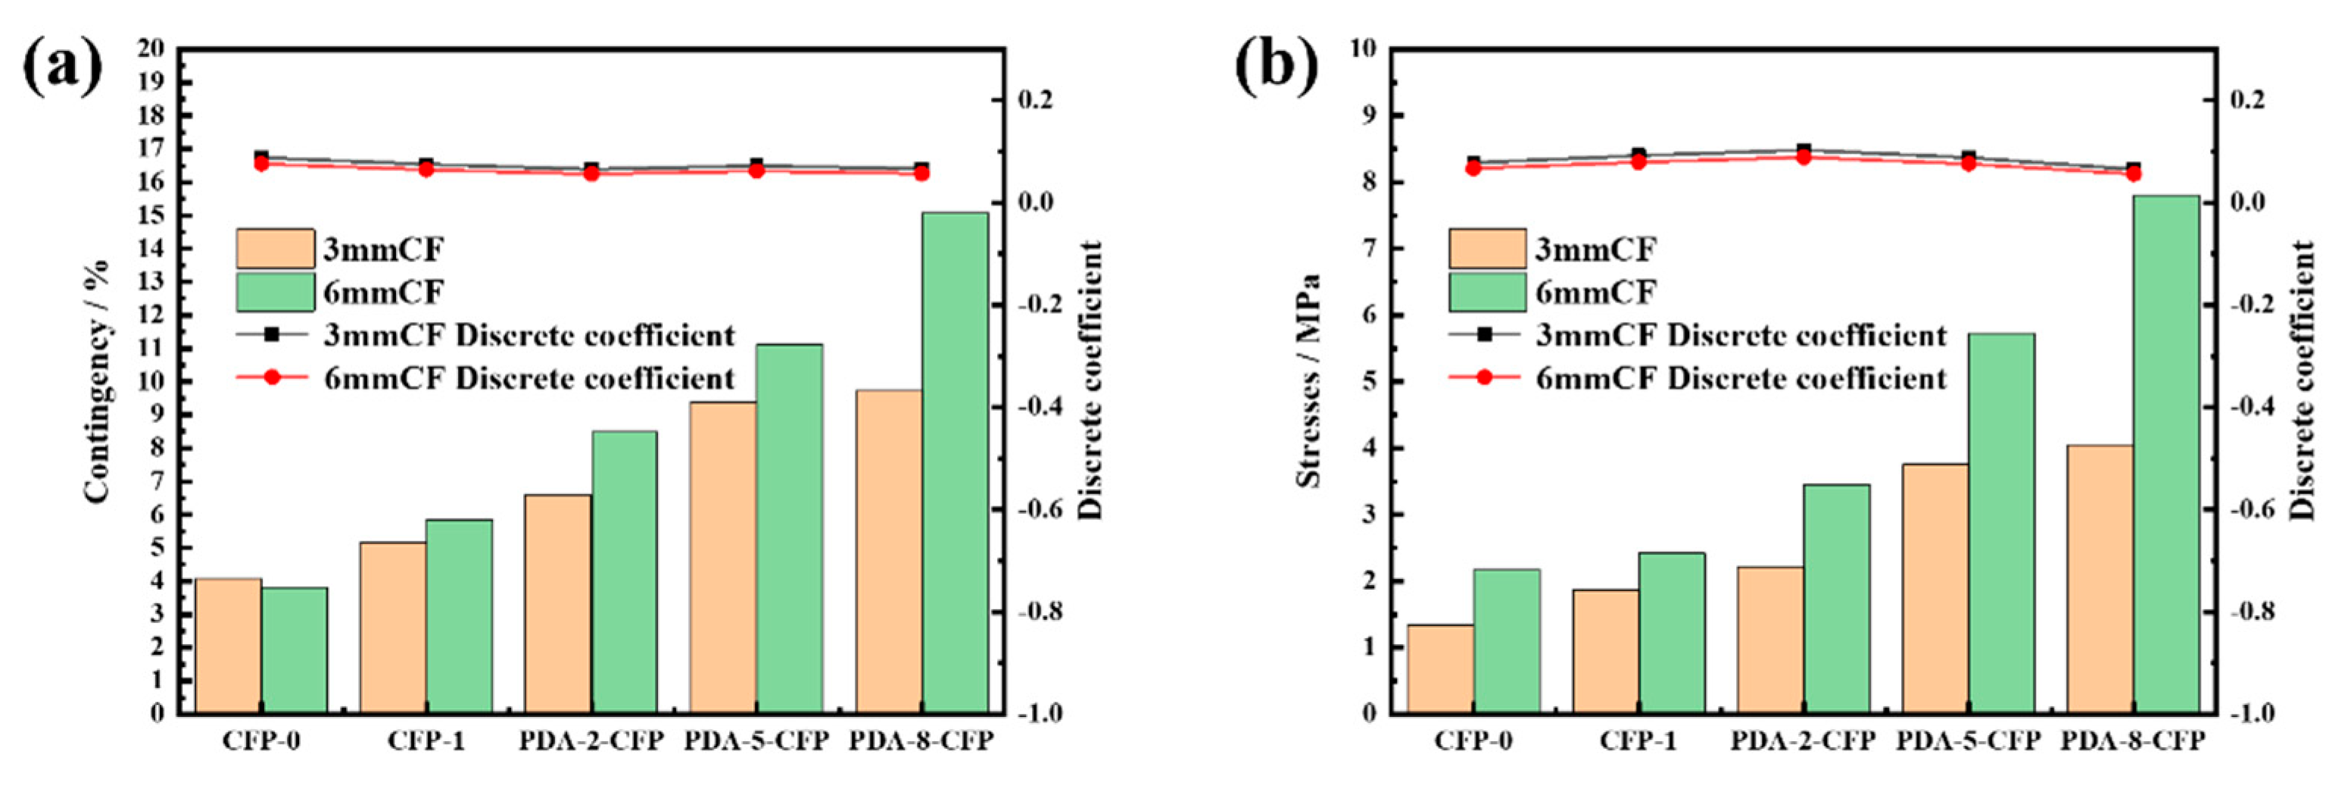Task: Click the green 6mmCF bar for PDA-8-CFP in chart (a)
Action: pyautogui.click(x=955, y=462)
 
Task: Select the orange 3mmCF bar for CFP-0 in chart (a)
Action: pyautogui.click(x=229, y=645)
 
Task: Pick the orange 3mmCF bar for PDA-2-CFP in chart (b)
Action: pyautogui.click(x=1770, y=640)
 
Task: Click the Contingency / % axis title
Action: pyautogui.click(x=97, y=381)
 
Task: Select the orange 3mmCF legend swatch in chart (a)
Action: pyautogui.click(x=276, y=249)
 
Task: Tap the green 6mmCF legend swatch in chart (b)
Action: pyautogui.click(x=1486, y=292)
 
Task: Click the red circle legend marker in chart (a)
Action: pyautogui.click(x=272, y=377)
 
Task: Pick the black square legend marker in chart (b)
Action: pyautogui.click(x=1484, y=335)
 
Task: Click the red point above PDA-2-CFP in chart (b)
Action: pyautogui.click(x=1803, y=157)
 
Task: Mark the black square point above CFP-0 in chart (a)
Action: pyautogui.click(x=262, y=157)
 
